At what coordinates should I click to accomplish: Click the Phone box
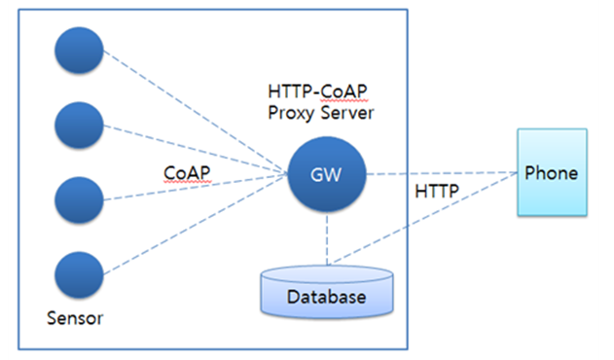point(551,174)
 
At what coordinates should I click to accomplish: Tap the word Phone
point(551,173)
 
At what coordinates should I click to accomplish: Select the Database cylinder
point(327,292)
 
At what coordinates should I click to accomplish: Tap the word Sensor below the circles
point(75,318)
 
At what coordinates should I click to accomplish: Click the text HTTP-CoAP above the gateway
point(316,91)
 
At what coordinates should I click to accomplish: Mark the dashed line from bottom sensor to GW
point(195,227)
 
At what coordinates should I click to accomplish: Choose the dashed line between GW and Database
point(327,238)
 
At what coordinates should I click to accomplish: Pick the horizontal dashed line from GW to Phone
point(438,175)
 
